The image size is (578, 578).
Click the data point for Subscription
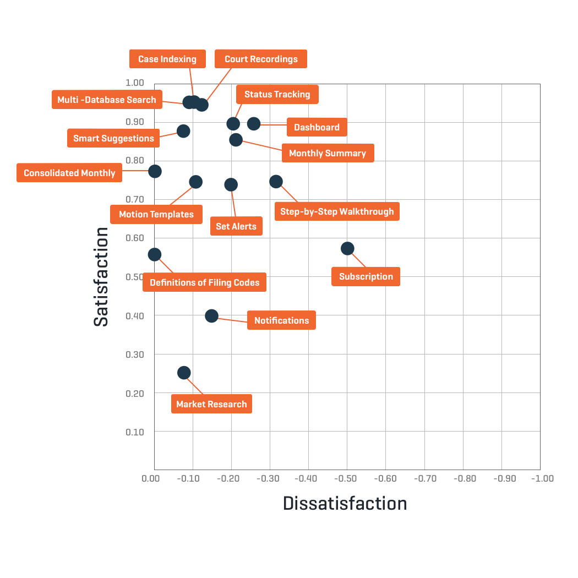click(x=347, y=249)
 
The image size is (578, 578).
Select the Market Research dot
click(x=184, y=373)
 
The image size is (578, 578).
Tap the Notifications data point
click(x=212, y=316)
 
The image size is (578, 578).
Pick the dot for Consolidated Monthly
click(x=155, y=171)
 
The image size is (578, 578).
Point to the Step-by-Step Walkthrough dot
click(x=276, y=182)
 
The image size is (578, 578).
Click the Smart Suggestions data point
click(x=183, y=131)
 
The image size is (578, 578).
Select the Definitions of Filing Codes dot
click(x=155, y=254)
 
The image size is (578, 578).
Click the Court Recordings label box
click(x=261, y=59)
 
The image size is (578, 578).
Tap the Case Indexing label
click(x=167, y=59)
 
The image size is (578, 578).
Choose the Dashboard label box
click(x=317, y=127)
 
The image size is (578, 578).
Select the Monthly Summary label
click(x=328, y=153)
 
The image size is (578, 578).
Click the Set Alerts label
click(x=236, y=226)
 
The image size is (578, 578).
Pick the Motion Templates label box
click(x=156, y=214)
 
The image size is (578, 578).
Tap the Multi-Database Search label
click(x=107, y=100)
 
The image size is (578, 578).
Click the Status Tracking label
click(x=277, y=94)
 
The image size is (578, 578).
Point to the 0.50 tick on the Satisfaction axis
click(x=135, y=277)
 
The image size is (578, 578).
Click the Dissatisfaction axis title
click(x=345, y=503)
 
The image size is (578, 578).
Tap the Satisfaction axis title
click(x=101, y=277)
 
